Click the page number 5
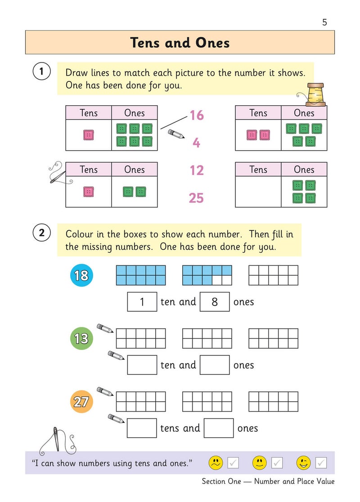[325, 22]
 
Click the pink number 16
[196, 116]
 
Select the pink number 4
[196, 143]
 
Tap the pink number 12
[196, 170]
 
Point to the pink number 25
[196, 198]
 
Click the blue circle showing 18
[81, 275]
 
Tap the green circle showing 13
[81, 338]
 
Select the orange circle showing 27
[81, 401]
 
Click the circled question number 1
[41, 72]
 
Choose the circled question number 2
[41, 233]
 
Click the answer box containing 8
[215, 302]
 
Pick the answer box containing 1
[142, 302]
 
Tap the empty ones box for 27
[219, 428]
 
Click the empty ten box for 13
[142, 365]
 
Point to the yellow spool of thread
[315, 94]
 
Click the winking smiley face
[303, 462]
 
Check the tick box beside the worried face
[233, 462]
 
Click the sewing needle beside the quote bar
[57, 438]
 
